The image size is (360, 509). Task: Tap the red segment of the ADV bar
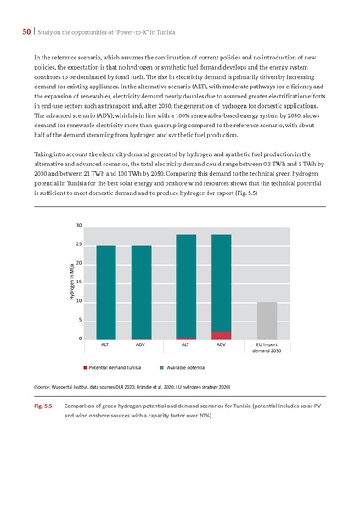tap(222, 335)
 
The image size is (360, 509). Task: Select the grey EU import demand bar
tap(267, 321)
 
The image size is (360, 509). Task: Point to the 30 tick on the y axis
tap(78, 225)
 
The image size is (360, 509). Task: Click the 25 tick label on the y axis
tap(78, 244)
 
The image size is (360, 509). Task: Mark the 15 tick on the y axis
tap(78, 282)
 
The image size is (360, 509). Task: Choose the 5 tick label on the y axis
tap(79, 320)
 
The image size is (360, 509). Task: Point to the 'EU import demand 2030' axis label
tap(267, 349)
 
